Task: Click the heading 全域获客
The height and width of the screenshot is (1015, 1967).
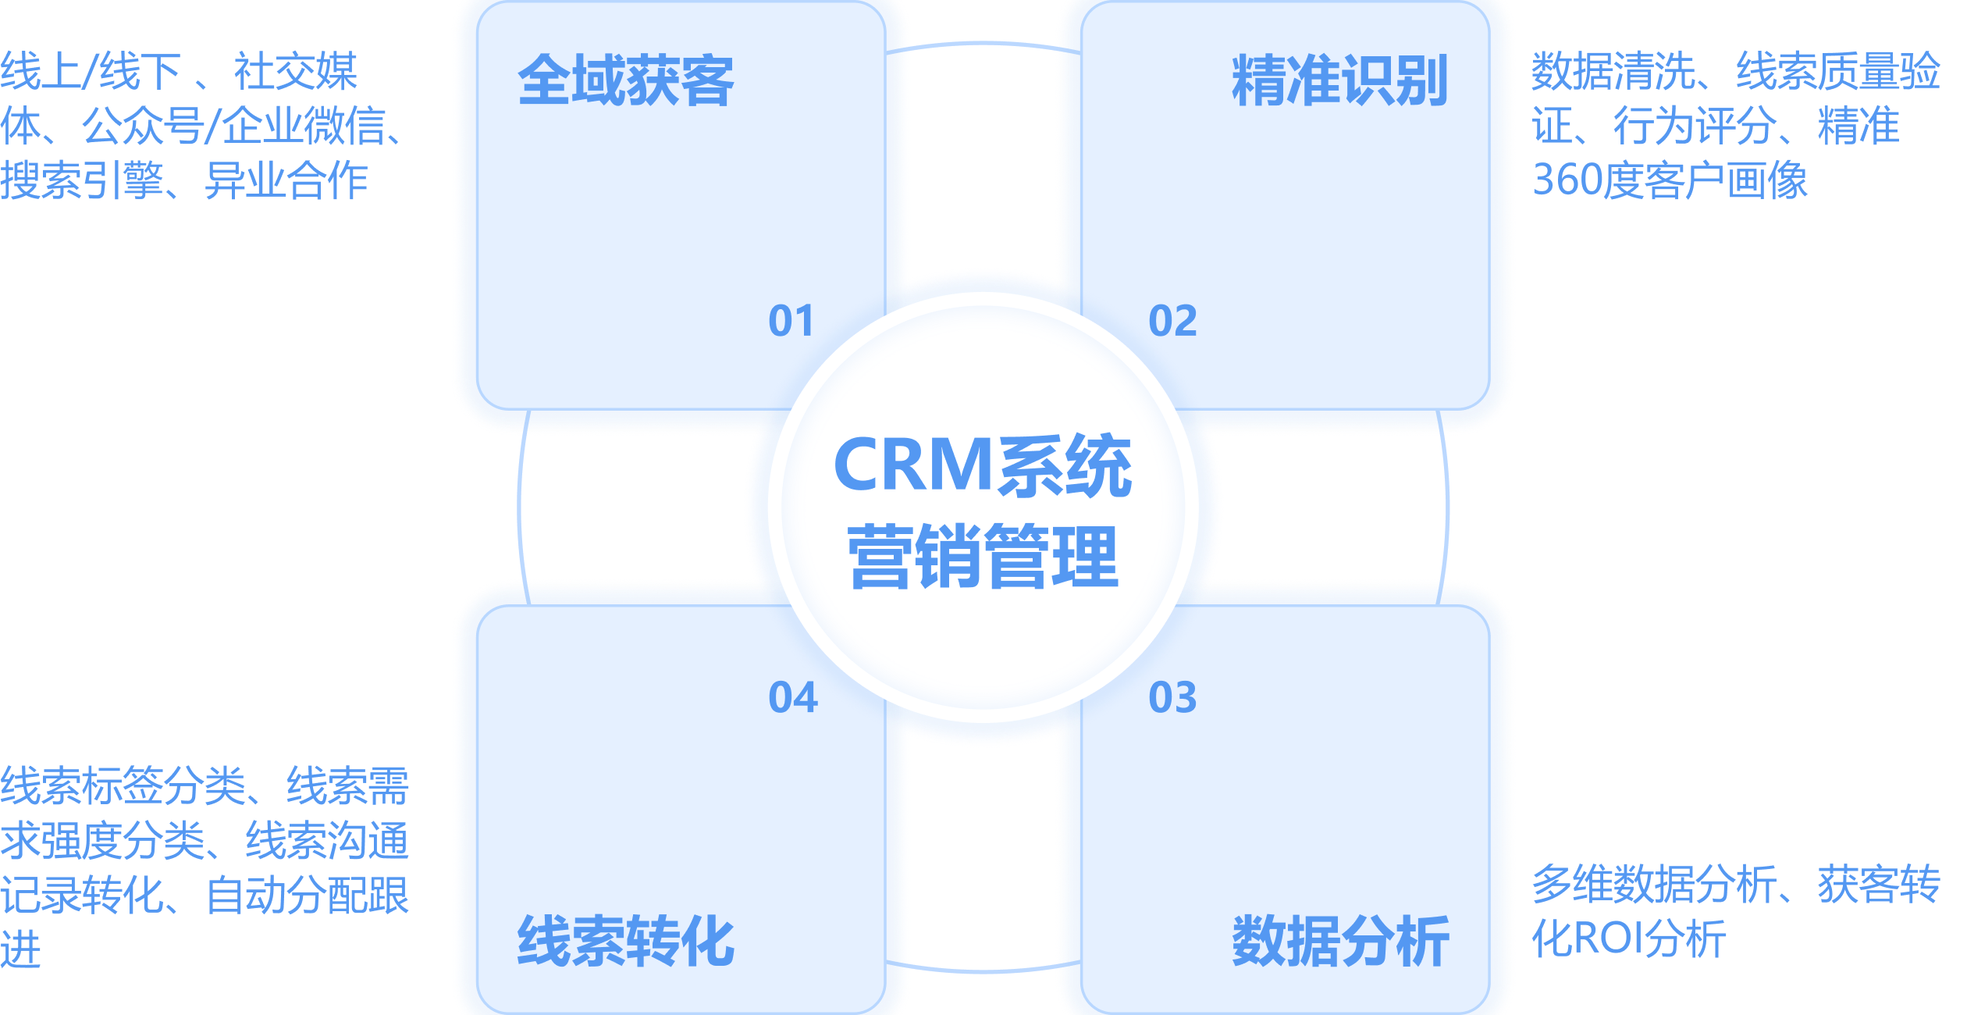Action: (625, 81)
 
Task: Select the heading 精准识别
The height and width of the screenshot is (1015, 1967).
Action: (1339, 81)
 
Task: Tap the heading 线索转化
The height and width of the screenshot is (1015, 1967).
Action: (625, 942)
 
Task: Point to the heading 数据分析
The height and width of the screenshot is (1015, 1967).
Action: (1339, 942)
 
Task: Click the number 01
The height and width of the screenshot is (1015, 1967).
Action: (791, 321)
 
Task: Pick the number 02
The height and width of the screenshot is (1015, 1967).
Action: (1172, 321)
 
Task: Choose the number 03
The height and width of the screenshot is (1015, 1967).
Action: (1172, 697)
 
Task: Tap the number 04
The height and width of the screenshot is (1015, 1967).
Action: (793, 697)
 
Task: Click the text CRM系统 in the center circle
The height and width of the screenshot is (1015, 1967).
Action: (983, 466)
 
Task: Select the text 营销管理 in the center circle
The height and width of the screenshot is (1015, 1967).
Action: (983, 557)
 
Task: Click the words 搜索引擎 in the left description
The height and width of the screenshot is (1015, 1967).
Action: (81, 180)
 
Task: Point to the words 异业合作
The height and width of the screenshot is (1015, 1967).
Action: (286, 180)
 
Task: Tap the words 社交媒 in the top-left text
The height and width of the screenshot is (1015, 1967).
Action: (295, 72)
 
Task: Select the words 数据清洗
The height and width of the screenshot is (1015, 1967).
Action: (1613, 72)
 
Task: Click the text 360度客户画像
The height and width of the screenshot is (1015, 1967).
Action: (1670, 180)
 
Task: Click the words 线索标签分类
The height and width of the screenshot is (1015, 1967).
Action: (123, 786)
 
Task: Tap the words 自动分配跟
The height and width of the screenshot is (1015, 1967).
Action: (307, 896)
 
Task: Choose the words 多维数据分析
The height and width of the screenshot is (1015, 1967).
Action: (1654, 885)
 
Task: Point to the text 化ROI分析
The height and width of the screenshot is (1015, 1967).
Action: (1628, 938)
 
